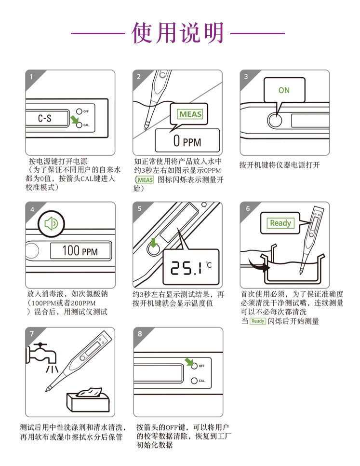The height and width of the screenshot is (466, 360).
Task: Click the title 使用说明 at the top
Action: [177, 33]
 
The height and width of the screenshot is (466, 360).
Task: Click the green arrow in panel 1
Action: [75, 120]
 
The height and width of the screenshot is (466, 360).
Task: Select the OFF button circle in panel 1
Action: [79, 111]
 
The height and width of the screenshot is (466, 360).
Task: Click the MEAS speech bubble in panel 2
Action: [189, 116]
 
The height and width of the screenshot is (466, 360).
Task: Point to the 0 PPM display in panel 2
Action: [187, 140]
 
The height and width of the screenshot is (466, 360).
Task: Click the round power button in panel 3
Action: [275, 121]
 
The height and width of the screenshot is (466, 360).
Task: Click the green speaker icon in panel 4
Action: [51, 223]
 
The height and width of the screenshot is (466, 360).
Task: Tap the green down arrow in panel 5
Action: [153, 242]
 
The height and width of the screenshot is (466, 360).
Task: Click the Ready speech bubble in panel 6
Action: [280, 223]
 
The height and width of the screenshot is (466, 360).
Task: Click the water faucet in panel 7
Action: [41, 354]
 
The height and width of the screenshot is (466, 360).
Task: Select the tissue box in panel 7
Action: [88, 399]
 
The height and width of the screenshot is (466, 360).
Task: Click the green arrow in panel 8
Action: [189, 362]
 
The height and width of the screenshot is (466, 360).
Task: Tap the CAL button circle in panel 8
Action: [194, 381]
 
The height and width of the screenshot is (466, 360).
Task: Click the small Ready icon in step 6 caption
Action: [258, 321]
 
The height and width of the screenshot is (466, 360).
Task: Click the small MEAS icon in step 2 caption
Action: [146, 180]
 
